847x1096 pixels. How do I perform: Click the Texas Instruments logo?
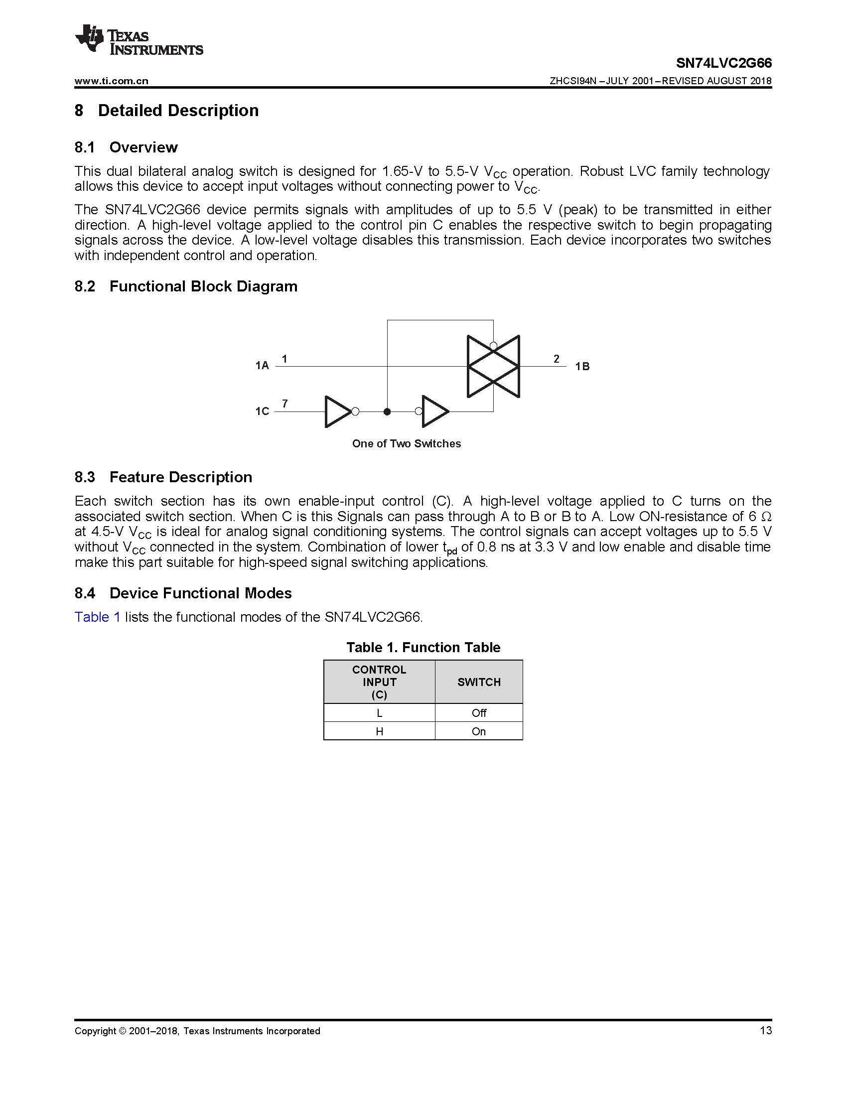coord(139,39)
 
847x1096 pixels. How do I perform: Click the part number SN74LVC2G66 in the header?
coord(723,63)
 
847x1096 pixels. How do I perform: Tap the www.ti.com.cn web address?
coord(112,81)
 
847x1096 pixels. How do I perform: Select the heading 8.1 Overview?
coord(126,147)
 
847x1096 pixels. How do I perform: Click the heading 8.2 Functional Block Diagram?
coord(186,286)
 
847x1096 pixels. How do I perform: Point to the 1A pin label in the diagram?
coord(262,365)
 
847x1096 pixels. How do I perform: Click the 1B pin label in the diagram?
coord(582,366)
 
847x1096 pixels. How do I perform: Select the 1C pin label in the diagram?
coord(262,411)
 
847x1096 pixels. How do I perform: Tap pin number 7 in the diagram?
coord(285,404)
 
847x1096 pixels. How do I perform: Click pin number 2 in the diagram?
coord(557,359)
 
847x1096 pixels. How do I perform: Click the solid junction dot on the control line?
coord(387,411)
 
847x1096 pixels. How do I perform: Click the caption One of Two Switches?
coord(407,443)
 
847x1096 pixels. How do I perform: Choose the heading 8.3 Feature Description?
coord(163,477)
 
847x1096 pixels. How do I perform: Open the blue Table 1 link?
coord(97,617)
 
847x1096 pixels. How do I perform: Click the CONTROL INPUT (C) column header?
coord(379,682)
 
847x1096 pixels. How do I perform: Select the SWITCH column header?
coord(479,682)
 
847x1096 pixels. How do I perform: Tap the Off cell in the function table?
coord(479,713)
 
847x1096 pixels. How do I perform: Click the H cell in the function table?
coord(379,732)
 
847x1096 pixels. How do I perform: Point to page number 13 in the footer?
coord(766,1031)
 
